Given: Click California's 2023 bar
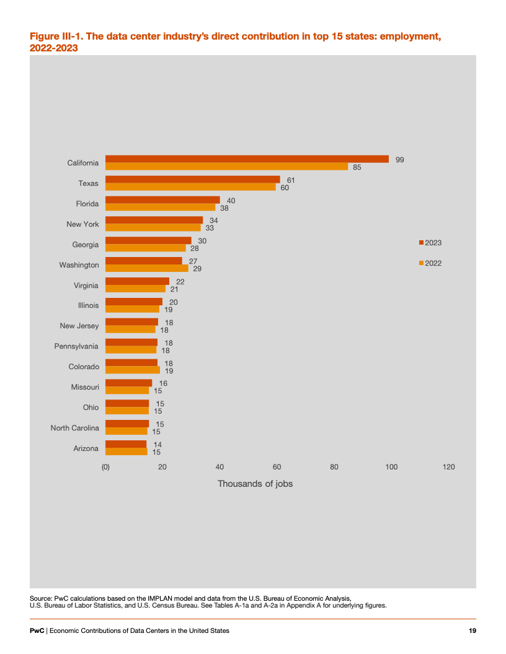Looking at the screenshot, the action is pos(247,159).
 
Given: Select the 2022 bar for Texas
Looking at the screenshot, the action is pos(190,187).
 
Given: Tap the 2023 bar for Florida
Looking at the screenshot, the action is pos(162,200).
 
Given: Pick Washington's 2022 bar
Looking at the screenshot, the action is pos(146,268).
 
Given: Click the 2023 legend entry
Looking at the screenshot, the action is pos(430,243).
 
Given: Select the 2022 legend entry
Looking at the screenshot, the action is pos(430,263).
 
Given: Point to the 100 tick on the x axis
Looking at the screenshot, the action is pos(391,467).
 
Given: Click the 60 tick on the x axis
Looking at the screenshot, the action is pos(277,467).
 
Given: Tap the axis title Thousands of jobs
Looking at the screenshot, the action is pos(255,484).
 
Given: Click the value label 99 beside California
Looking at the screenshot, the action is pos(400,160).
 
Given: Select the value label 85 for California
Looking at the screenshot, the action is pos(357,167).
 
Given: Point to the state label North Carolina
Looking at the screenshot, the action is pos(75,428).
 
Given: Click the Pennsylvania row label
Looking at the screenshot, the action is pos(76,346).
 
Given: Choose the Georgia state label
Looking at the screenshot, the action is pos(86,245).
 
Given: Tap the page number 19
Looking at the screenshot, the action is pos(472,630).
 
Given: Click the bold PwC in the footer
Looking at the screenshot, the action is pos(37,630).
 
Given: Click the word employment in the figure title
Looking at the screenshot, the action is pos(410,37).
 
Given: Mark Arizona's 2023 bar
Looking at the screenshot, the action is pos(126,444).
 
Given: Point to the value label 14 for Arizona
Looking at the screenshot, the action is pos(158,445).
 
